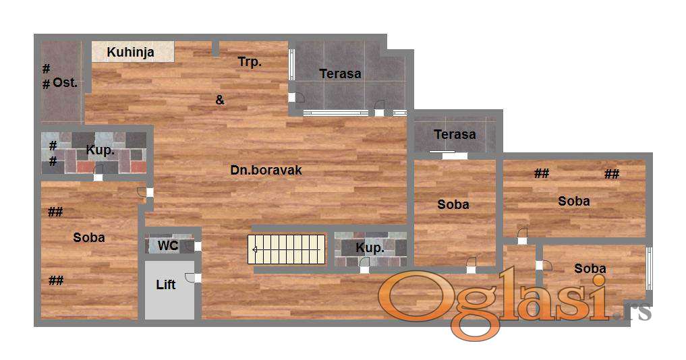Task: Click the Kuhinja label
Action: [x=130, y=53]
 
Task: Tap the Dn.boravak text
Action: [x=266, y=170]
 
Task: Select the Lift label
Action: [x=166, y=284]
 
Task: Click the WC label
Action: [x=167, y=245]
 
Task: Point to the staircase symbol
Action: [x=287, y=249]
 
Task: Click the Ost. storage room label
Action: [x=65, y=82]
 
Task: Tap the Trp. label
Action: [x=250, y=62]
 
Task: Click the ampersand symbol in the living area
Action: [x=220, y=100]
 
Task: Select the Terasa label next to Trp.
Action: [x=340, y=73]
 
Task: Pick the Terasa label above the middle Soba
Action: [x=455, y=134]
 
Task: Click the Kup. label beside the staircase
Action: [x=370, y=248]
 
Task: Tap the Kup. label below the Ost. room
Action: [x=101, y=150]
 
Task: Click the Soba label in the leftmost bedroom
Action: [x=89, y=237]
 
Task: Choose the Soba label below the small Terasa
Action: [x=453, y=204]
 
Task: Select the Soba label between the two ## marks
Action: [x=574, y=201]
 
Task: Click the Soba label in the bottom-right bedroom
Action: [x=590, y=268]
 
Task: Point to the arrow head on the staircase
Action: [x=254, y=249]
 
